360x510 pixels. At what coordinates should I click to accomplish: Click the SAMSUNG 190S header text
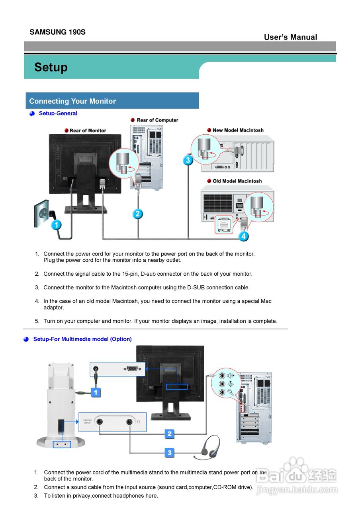click(57, 32)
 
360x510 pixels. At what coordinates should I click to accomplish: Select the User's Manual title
click(290, 37)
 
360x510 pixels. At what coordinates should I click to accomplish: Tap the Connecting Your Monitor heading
click(72, 101)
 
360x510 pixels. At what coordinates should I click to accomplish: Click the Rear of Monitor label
click(88, 131)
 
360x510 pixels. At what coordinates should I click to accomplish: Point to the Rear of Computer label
click(157, 120)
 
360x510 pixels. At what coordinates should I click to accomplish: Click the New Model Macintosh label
click(238, 130)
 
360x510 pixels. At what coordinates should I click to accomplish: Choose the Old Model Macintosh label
click(237, 181)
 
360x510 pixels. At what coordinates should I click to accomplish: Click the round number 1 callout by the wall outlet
click(57, 225)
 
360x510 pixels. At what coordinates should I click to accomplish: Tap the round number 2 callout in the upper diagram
click(137, 214)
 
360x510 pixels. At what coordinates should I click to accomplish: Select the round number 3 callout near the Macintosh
click(188, 160)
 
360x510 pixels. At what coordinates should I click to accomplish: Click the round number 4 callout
click(244, 236)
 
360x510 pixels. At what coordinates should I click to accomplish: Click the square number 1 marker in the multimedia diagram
click(96, 392)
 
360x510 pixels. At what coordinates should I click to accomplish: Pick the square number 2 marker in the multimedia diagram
click(170, 433)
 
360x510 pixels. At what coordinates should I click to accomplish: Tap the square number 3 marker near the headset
click(170, 453)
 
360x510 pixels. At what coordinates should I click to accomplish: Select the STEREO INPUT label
click(88, 422)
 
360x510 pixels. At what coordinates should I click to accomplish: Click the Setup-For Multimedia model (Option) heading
click(82, 339)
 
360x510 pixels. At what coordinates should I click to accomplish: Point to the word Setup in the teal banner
click(51, 67)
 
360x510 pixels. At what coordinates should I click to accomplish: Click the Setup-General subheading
click(58, 114)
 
